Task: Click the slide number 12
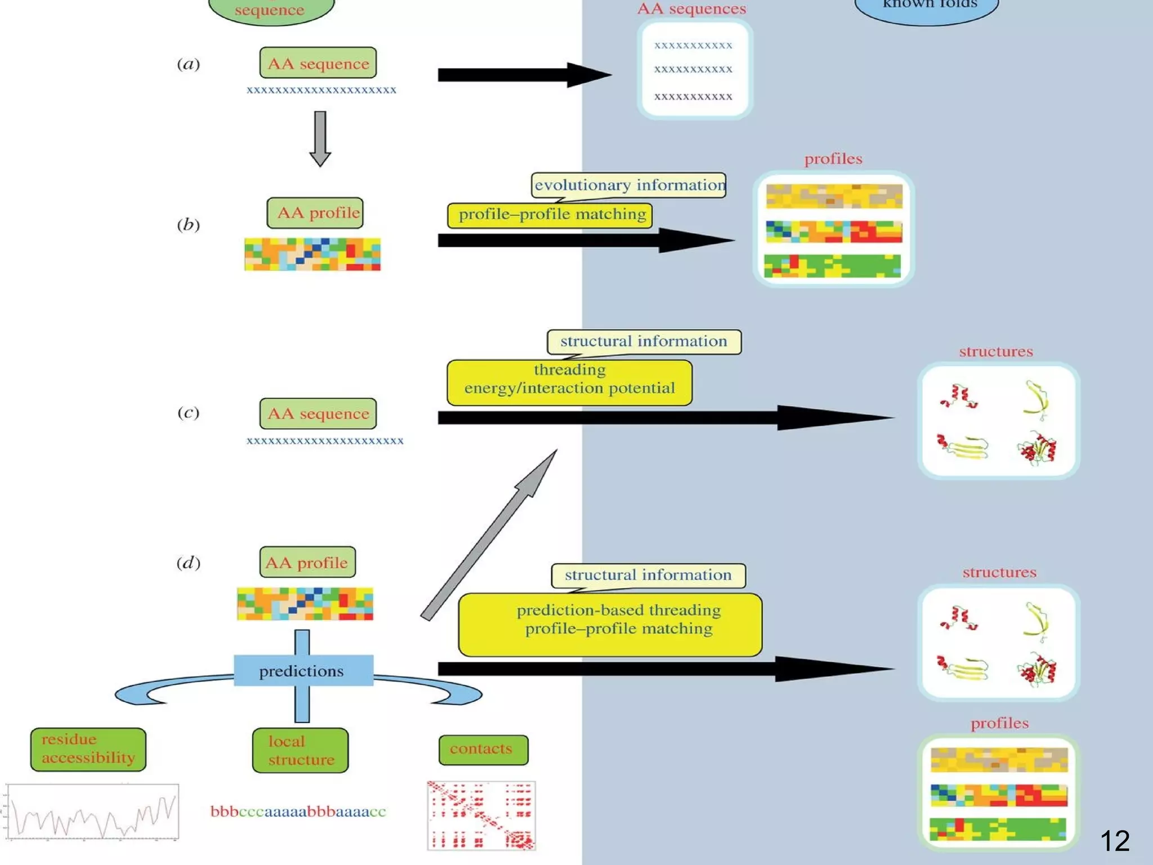click(1114, 841)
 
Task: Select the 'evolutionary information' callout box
click(629, 185)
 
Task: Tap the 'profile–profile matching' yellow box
click(551, 215)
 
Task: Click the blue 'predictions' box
click(303, 670)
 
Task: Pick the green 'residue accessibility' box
click(88, 749)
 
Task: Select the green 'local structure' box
click(301, 750)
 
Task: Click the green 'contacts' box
click(483, 749)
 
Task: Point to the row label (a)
click(188, 64)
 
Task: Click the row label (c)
click(188, 413)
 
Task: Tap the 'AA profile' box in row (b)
click(315, 213)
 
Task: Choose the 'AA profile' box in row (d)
click(307, 562)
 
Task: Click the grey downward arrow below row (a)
click(320, 139)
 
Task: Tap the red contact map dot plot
click(481, 815)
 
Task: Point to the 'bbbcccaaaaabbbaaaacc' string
click(298, 812)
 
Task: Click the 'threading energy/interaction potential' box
click(569, 382)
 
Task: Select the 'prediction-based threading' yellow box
click(610, 624)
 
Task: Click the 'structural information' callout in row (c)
click(644, 341)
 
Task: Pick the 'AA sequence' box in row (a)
click(318, 63)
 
